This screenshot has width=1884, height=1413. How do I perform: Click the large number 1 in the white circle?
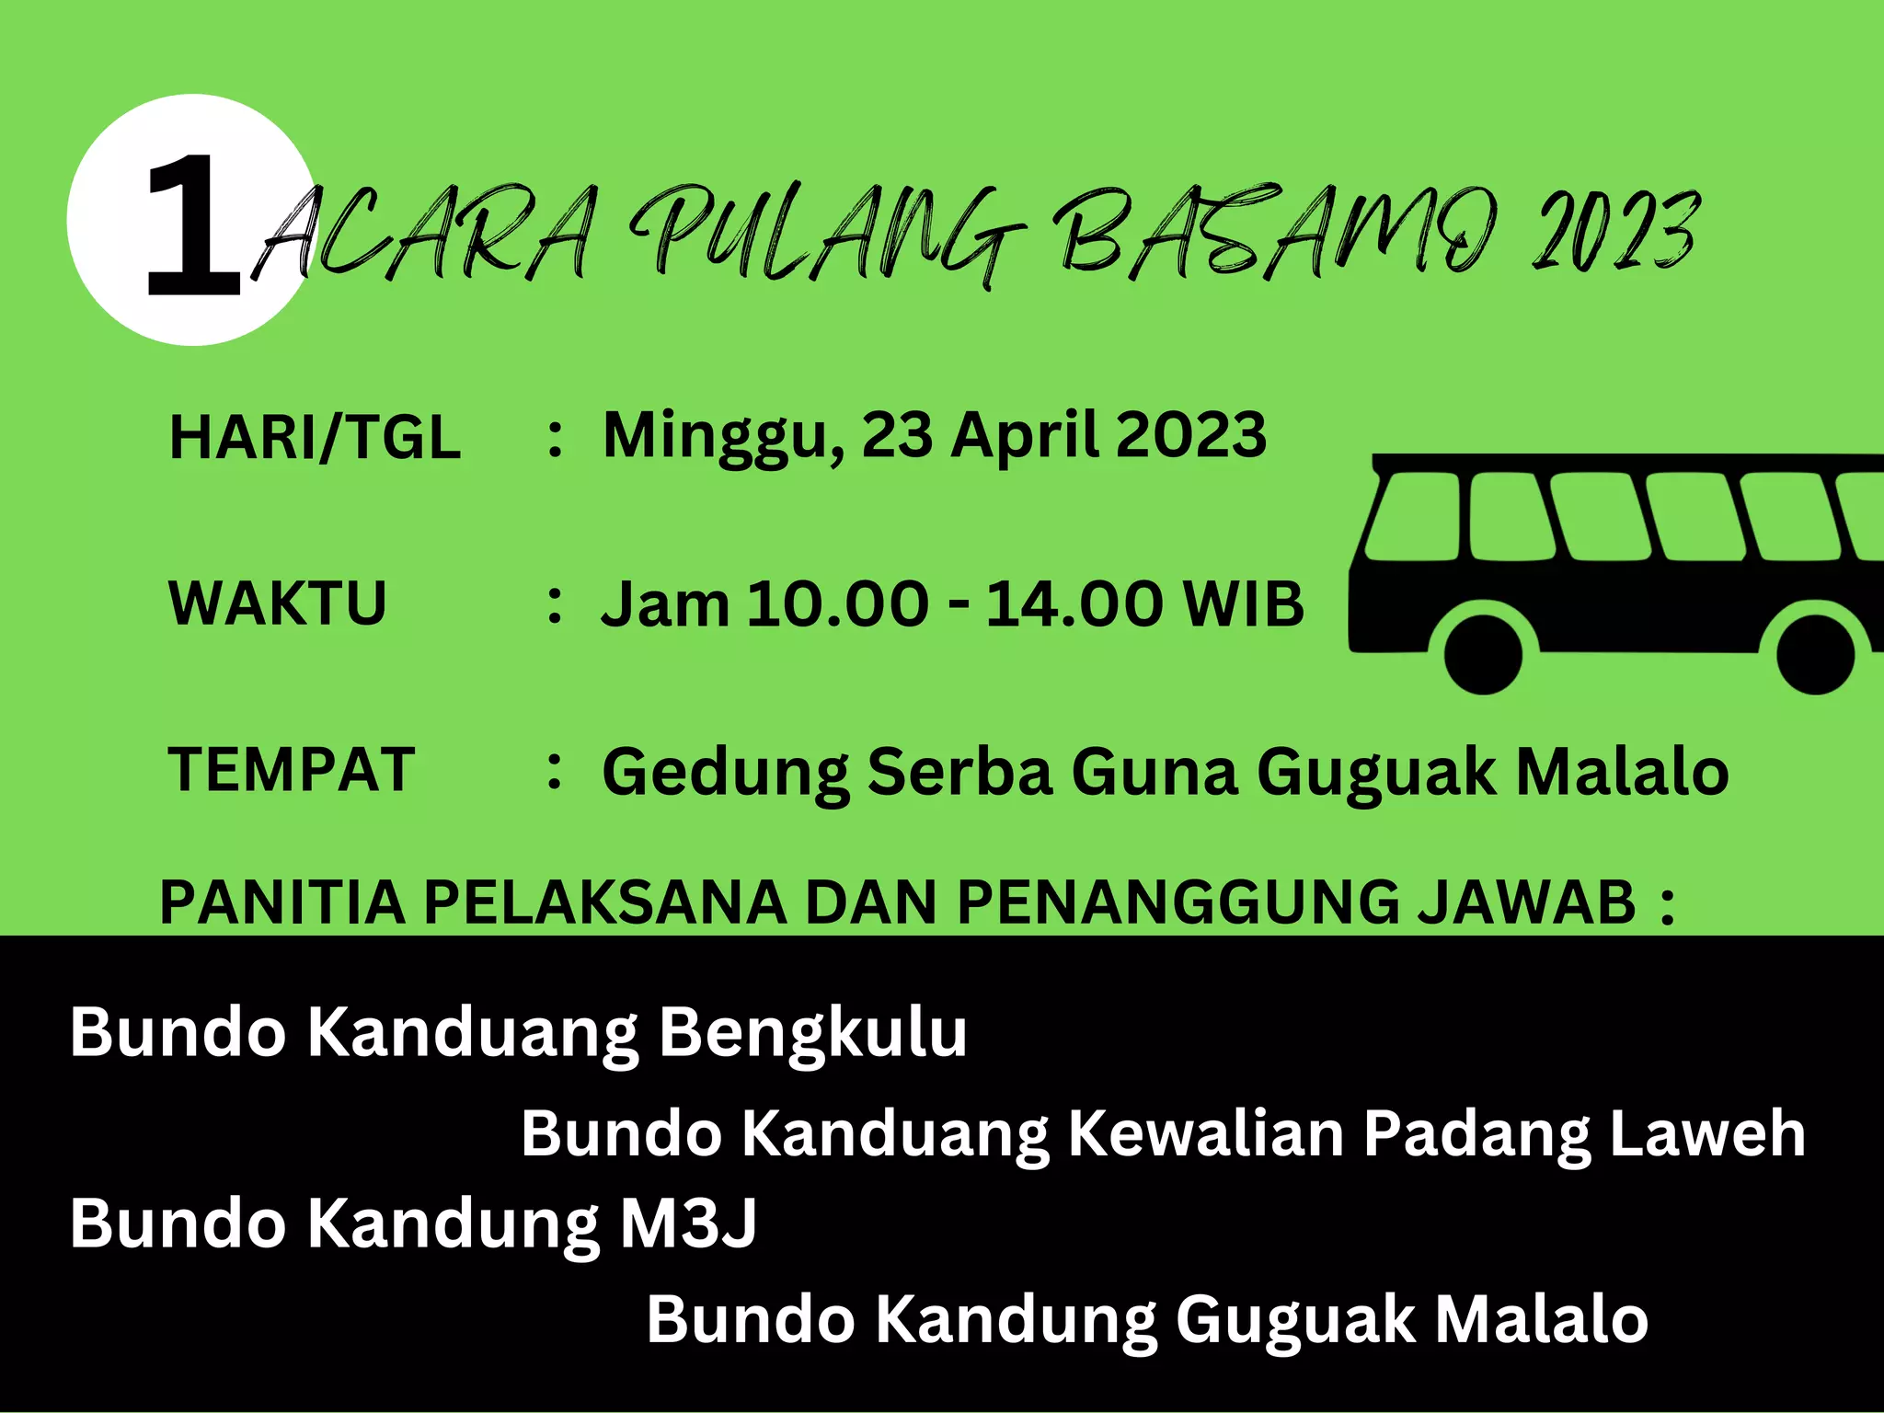pos(193,225)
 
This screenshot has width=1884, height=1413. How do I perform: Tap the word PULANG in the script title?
pos(828,235)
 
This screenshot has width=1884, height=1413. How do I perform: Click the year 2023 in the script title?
pos(1614,230)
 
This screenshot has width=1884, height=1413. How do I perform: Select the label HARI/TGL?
pos(315,437)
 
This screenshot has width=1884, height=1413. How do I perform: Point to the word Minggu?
pos(722,435)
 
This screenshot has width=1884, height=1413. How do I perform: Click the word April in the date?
pos(1024,435)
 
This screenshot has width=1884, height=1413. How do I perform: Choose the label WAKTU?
pos(277,603)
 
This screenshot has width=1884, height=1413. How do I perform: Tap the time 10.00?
pos(837,604)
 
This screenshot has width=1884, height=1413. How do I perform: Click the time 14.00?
pos(1075,604)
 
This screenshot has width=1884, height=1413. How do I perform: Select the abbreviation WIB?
pos(1244,604)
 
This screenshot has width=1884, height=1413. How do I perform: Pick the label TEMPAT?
pos(291,769)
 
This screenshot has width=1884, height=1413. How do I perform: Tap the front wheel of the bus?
pos(1483,652)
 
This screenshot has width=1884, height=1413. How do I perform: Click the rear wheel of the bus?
pos(1815,653)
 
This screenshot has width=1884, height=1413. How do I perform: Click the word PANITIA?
pos(281,902)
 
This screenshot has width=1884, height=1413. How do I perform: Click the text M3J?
pos(688,1224)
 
